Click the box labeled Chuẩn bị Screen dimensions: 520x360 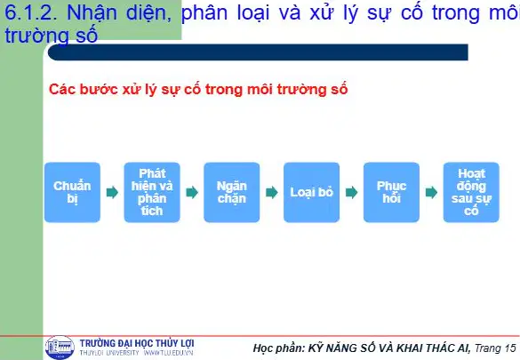[x=72, y=192]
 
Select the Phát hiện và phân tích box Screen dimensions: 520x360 [x=152, y=192]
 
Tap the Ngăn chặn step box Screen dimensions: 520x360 [x=232, y=192]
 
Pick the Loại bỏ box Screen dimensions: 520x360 [x=311, y=192]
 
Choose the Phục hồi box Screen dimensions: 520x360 [x=391, y=192]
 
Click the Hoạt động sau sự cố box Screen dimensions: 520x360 [x=471, y=192]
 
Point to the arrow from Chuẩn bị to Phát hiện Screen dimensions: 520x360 [x=112, y=192]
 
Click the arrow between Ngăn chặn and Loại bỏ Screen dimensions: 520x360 [x=272, y=192]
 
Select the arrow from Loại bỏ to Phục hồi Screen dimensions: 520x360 [x=351, y=192]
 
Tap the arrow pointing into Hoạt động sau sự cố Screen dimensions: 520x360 [x=431, y=192]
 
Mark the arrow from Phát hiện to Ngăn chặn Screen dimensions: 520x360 [x=192, y=192]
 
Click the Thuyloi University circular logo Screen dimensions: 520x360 [x=60, y=348]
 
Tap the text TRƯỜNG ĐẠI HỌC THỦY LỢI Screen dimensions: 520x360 [x=137, y=343]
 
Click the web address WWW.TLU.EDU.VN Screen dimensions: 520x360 [x=168, y=353]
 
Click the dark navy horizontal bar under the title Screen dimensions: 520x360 [x=258, y=52]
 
